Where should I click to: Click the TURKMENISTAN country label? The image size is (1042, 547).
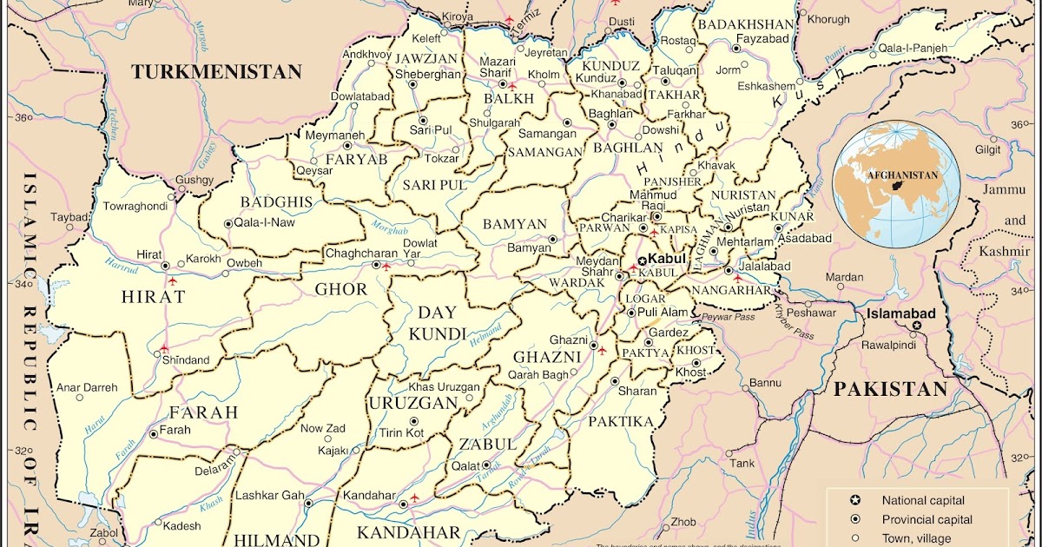(216, 72)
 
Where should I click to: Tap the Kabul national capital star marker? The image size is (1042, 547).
(642, 260)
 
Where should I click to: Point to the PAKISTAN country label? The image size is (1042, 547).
(890, 390)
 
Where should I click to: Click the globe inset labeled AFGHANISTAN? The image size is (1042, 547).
(897, 181)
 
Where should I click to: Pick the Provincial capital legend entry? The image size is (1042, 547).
(927, 519)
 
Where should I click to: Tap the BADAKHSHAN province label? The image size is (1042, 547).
(746, 23)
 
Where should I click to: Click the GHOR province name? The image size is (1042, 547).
(340, 289)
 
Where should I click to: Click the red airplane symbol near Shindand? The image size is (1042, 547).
(164, 348)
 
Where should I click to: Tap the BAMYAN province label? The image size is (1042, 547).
(515, 224)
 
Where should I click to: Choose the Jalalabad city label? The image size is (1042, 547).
(764, 266)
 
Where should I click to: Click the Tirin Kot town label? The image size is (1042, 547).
(400, 432)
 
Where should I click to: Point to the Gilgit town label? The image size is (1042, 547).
(986, 149)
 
